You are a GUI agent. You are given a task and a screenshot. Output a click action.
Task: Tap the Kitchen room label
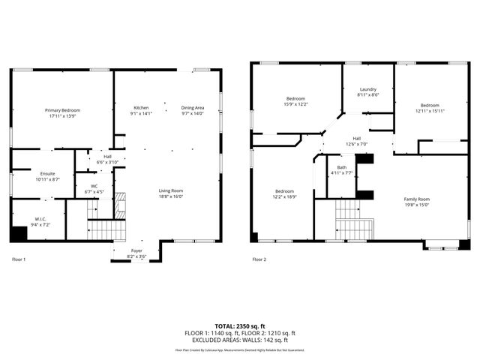tap(141, 108)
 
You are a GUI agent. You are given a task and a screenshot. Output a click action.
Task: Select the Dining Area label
tap(193, 108)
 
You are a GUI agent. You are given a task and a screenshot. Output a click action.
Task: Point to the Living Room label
tap(171, 190)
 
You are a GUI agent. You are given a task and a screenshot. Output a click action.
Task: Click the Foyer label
tap(136, 251)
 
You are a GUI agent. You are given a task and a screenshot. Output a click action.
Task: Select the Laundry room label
tap(367, 89)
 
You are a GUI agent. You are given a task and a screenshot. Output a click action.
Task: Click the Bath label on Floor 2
tap(342, 167)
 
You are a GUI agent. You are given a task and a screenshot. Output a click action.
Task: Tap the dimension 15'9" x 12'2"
tap(295, 104)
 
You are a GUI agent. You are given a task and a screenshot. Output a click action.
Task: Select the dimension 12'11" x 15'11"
tap(430, 111)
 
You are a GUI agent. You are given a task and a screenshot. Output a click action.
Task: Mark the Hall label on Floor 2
tap(357, 138)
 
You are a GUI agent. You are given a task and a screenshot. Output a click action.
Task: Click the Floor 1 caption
tap(19, 259)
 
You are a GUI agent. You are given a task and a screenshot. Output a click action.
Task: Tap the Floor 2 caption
tap(259, 259)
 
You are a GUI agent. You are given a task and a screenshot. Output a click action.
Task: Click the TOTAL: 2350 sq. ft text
tap(240, 326)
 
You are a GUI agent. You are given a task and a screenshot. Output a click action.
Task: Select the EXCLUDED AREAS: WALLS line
tap(240, 340)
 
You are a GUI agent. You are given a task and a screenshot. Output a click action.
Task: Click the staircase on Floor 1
tap(104, 227)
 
